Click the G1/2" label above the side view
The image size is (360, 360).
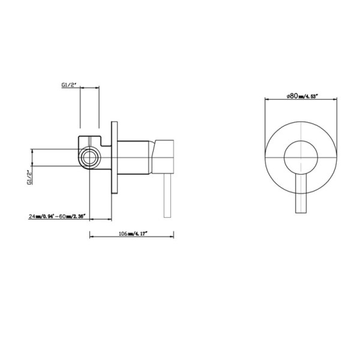(70, 85)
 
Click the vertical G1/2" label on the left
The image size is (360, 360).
(29, 178)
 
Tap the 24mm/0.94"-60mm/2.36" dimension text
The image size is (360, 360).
(57, 215)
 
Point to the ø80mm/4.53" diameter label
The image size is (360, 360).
(302, 95)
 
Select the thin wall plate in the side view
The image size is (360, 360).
(115, 160)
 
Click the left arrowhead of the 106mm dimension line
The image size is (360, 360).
(92, 236)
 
